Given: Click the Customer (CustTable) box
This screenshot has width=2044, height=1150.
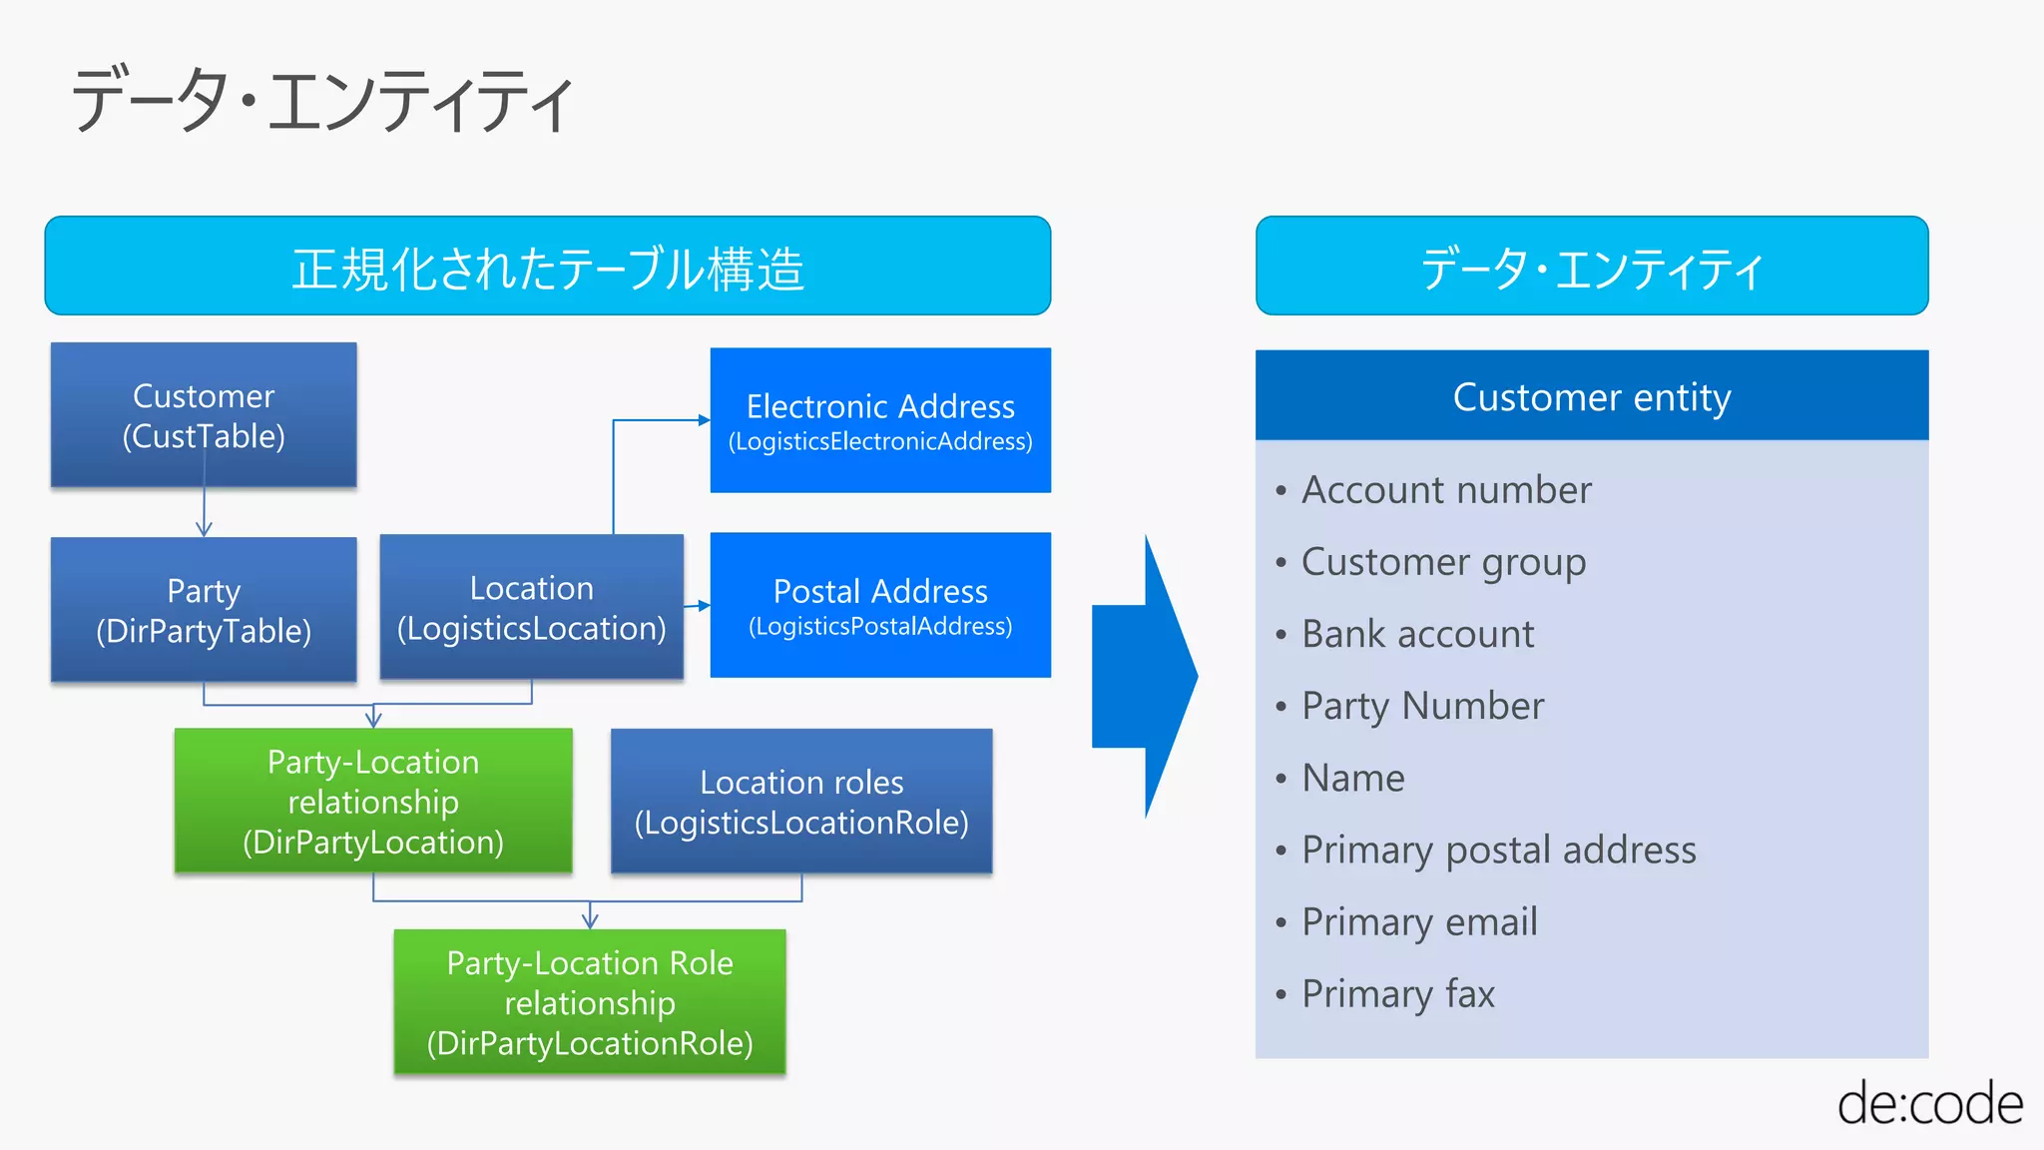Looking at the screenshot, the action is click(204, 415).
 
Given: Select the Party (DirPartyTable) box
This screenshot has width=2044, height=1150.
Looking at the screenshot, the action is click(204, 610).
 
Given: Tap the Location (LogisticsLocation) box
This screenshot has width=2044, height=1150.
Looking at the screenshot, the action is click(531, 607).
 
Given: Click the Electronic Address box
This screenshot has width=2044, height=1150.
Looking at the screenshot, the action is click(880, 420).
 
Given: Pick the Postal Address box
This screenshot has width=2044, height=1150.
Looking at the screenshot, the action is click(880, 605).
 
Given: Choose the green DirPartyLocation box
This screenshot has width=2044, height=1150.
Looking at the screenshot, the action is click(373, 801).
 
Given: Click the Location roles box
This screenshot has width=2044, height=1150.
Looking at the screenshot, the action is click(801, 801).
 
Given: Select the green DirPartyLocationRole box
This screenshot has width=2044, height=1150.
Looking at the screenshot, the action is click(590, 1002).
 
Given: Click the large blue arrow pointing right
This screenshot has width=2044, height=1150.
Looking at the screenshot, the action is click(1144, 676).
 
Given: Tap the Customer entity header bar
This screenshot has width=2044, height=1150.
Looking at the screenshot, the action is click(1592, 396).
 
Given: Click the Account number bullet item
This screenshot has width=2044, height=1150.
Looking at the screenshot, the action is click(1446, 490).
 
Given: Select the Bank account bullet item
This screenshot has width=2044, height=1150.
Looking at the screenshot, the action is click(1417, 634).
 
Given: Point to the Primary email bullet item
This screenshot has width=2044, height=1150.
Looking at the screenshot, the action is click(1418, 921).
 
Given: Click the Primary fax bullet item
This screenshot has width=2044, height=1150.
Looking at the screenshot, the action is click(1397, 993).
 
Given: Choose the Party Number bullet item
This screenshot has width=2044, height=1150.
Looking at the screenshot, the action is click(1422, 706).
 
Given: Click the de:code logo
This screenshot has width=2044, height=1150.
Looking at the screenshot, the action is click(1929, 1104).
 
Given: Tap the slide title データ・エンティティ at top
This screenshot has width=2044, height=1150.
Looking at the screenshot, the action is click(322, 100).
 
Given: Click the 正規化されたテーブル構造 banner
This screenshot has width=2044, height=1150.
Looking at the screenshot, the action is click(548, 267).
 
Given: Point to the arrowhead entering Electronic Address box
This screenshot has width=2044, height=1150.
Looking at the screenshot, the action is click(704, 420).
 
